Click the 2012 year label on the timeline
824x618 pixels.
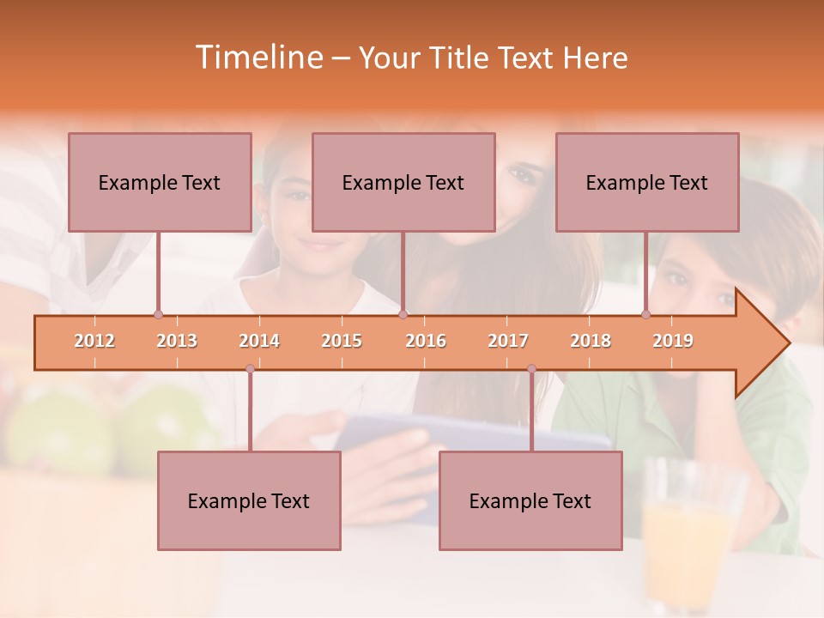(x=94, y=341)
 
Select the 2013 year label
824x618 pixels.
(x=177, y=341)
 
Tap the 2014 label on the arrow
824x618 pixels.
(x=259, y=341)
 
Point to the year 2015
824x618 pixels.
(x=342, y=341)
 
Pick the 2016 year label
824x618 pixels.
(x=426, y=341)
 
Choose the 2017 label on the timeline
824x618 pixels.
(x=508, y=341)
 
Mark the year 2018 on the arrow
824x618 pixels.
(x=591, y=341)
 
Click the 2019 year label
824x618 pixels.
(x=673, y=341)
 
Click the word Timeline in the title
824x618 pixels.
(x=257, y=58)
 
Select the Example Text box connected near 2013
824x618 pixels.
(x=160, y=182)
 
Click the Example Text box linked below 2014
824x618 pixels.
(x=249, y=500)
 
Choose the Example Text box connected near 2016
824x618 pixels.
(x=403, y=182)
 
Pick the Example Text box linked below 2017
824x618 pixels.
(x=530, y=500)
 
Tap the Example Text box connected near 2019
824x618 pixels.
(x=647, y=182)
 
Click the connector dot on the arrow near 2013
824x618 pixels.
(x=158, y=315)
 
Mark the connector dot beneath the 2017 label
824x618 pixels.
(x=531, y=369)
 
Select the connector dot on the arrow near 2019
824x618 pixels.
(x=646, y=315)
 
